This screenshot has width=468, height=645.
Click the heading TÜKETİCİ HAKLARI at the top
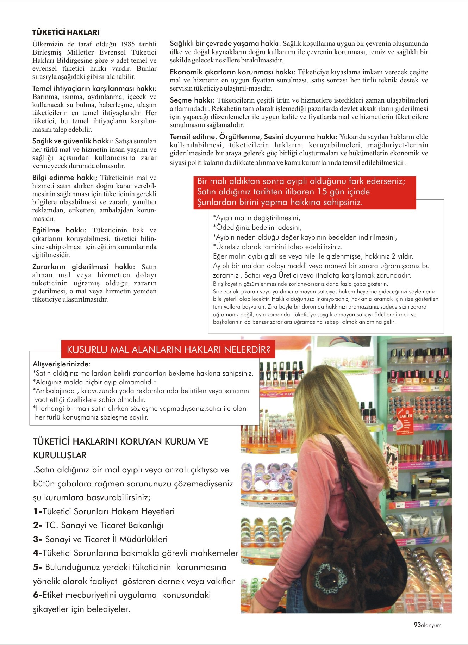(x=66, y=32)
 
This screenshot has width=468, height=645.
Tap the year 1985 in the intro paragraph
(x=128, y=44)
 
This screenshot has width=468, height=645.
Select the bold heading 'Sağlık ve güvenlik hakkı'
(x=72, y=141)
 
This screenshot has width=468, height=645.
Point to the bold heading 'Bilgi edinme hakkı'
(x=64, y=178)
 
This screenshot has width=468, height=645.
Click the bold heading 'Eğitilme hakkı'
(x=59, y=230)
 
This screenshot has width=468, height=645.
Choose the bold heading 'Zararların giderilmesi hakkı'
(x=83, y=267)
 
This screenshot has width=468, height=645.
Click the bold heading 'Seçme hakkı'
(x=192, y=100)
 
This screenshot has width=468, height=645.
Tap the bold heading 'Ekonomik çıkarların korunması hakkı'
(x=232, y=72)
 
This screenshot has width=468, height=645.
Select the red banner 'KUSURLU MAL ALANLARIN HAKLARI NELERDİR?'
(x=168, y=350)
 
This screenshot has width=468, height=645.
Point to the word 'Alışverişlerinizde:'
(x=62, y=364)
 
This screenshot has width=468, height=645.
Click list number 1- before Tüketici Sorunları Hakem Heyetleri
(x=37, y=511)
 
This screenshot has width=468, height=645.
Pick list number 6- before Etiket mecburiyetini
(x=37, y=595)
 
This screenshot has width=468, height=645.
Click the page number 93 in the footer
(x=417, y=625)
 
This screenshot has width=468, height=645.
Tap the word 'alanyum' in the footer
(x=431, y=625)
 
